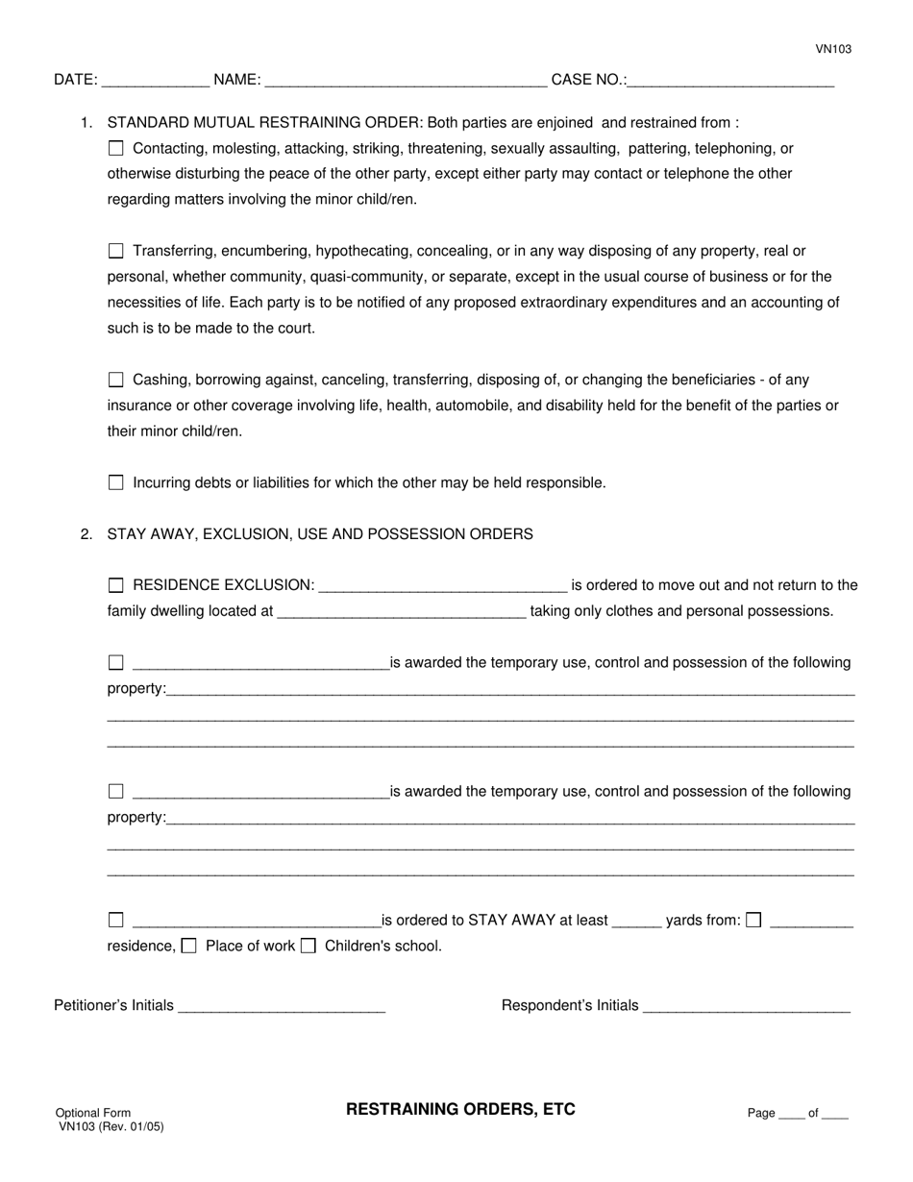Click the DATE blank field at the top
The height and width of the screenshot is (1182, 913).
coord(155,82)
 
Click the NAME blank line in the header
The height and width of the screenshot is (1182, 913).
coord(405,82)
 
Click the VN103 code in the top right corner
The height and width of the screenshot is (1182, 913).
coord(833,49)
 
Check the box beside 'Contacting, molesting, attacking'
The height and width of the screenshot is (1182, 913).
coord(116,149)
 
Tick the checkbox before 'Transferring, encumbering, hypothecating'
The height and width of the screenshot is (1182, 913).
coord(116,252)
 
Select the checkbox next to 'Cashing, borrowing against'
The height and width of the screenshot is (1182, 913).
coord(116,381)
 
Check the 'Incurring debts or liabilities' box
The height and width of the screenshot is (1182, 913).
coord(116,483)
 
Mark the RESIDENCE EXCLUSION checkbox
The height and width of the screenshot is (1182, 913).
coord(116,586)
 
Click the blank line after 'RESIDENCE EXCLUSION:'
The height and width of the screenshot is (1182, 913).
coord(442,586)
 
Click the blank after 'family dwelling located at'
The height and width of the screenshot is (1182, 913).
coord(401,612)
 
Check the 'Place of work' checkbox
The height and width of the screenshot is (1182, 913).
coord(189,947)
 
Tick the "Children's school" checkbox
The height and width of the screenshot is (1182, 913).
coord(308,947)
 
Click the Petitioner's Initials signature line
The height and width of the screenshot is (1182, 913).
coord(282,1007)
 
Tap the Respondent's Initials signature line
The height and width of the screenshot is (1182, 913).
coord(746,1007)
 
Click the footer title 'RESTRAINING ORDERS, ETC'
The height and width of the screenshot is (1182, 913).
coord(460,1110)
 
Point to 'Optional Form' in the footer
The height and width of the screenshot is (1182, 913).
coord(93,1113)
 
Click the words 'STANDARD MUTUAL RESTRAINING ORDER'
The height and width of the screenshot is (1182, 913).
coord(263,123)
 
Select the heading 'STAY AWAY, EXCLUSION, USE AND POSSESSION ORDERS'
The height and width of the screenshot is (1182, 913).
coord(320,534)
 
